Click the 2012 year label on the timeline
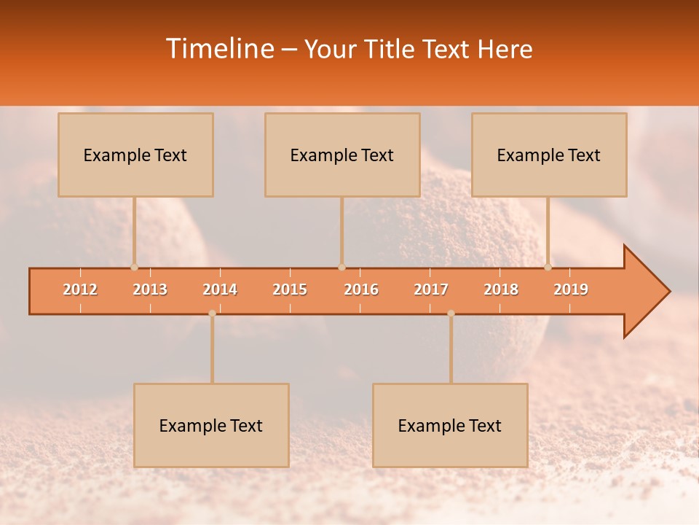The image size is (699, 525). [80, 289]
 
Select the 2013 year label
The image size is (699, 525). [150, 289]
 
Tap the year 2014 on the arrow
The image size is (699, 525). [220, 289]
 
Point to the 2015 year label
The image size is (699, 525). [290, 289]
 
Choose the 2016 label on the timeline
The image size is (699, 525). [361, 289]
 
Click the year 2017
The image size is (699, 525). [431, 289]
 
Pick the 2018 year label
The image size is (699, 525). [501, 289]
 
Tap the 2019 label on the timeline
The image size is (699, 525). [571, 289]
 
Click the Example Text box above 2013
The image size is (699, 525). [135, 155]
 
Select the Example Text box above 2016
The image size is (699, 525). [342, 155]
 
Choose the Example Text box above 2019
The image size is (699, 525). [549, 155]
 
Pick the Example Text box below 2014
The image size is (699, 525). [211, 425]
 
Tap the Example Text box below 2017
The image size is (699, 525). [450, 425]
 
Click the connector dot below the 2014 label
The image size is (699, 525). [212, 314]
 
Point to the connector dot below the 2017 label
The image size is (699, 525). [451, 314]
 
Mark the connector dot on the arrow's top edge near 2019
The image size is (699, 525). [548, 267]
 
